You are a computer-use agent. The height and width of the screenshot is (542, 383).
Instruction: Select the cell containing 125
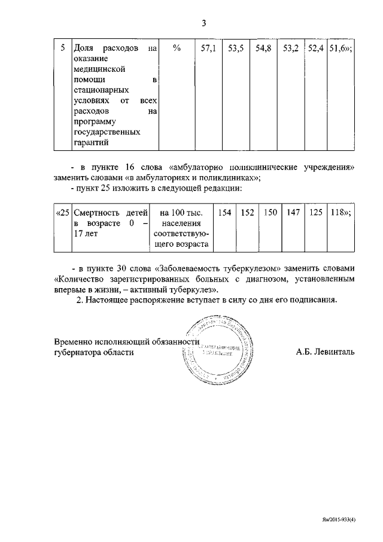point(315,213)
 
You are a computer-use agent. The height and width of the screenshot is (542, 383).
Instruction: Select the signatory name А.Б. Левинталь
point(324,352)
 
